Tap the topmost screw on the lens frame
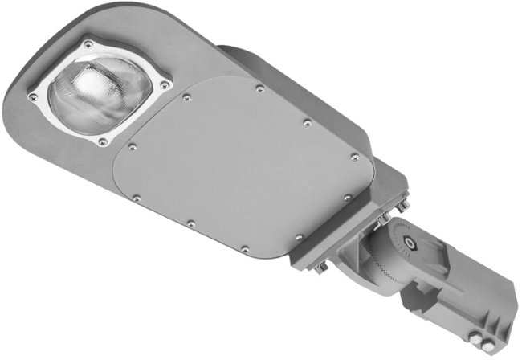(x=88, y=44)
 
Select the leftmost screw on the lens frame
(x=33, y=97)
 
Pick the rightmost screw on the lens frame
(x=165, y=83)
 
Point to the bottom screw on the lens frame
(x=103, y=142)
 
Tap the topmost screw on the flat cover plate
(x=258, y=89)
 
